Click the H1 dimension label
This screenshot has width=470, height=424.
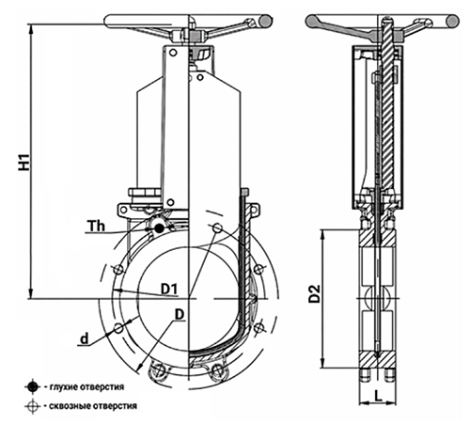coord(24,162)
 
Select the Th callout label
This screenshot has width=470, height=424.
coord(96,226)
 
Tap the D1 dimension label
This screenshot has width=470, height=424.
coord(169,289)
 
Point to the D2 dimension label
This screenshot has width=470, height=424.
coord(314,293)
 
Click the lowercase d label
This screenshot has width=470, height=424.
coord(85,338)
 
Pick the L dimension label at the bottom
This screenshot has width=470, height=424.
coord(379,396)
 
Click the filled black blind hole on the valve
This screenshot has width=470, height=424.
coord(159,228)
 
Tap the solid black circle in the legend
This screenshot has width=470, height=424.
coord(32,387)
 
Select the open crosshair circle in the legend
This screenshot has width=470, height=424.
coord(32,406)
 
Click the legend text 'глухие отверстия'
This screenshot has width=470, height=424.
coord(86,387)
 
